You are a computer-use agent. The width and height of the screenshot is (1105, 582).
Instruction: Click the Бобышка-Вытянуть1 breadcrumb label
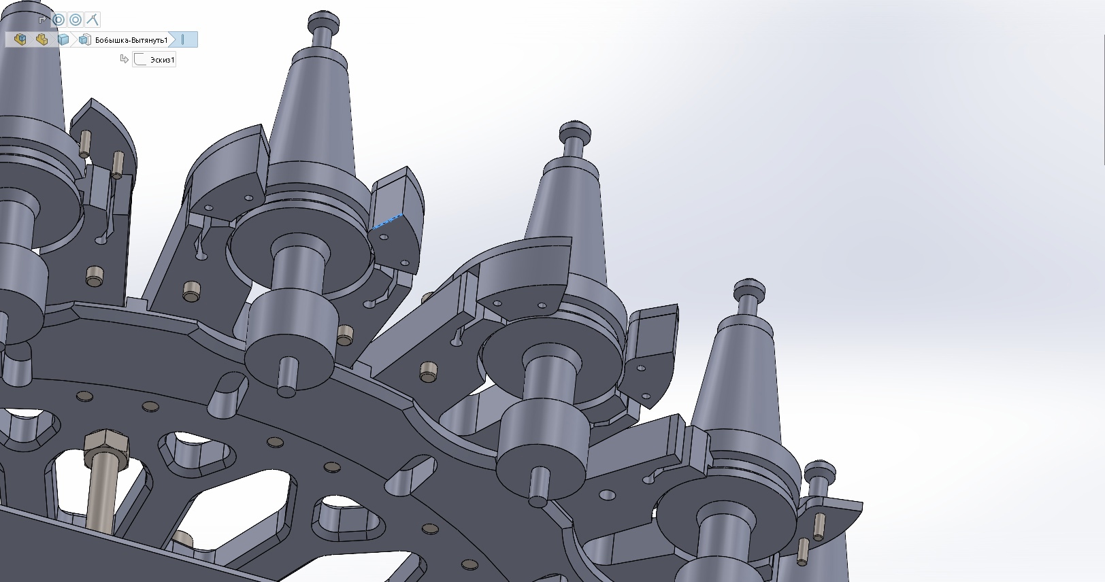[x=131, y=40]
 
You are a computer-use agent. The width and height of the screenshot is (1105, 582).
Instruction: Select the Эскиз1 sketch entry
[x=154, y=60]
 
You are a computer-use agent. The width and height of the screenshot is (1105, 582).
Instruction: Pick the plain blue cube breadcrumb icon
[x=63, y=39]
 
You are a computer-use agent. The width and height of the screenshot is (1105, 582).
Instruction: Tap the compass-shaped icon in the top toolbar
[x=93, y=20]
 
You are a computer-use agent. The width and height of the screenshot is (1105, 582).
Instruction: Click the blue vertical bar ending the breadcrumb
[x=182, y=39]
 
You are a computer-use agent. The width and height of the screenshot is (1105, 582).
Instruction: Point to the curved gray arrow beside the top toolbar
[x=42, y=20]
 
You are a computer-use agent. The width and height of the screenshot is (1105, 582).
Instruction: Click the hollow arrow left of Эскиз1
[x=125, y=59]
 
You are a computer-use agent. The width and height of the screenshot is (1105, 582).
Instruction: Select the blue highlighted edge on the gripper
[x=387, y=222]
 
